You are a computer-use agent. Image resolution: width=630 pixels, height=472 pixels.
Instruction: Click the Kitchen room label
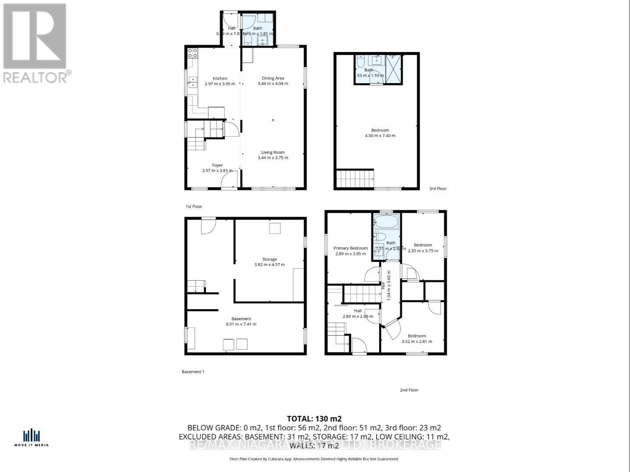click(220, 78)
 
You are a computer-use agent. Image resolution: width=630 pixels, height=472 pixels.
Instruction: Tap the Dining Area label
click(273, 78)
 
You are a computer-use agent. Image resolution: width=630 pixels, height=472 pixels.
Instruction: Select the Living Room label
click(273, 152)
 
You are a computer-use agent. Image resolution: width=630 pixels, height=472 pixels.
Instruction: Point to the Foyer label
click(217, 165)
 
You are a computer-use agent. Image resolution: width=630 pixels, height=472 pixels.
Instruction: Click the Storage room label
click(269, 259)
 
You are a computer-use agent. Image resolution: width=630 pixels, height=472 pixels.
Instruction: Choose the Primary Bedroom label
click(350, 248)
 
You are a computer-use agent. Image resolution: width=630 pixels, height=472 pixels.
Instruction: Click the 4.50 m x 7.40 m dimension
click(380, 136)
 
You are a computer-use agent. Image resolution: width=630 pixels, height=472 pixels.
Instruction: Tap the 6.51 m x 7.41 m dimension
click(241, 324)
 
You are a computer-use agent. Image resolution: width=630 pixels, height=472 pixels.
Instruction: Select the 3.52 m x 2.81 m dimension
click(417, 342)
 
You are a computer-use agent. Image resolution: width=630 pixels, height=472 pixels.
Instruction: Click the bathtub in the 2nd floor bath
click(386, 222)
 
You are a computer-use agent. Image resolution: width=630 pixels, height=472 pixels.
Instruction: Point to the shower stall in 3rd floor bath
click(394, 69)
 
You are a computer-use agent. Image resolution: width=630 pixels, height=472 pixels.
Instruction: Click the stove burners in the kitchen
click(192, 53)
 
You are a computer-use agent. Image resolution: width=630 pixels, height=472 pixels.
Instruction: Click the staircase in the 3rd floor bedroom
click(355, 179)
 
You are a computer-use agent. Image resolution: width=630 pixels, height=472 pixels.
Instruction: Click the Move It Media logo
click(32, 437)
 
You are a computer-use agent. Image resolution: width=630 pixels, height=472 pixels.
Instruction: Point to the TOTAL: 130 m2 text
click(314, 418)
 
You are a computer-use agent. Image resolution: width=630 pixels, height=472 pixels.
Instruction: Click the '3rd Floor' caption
click(438, 189)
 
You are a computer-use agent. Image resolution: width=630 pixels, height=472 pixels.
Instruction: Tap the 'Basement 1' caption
click(193, 372)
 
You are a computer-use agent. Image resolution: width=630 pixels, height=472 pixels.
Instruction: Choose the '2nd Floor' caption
click(409, 390)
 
